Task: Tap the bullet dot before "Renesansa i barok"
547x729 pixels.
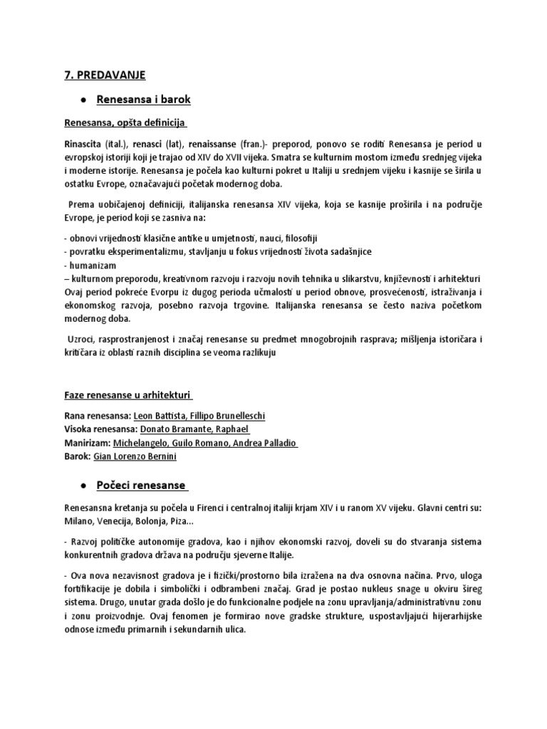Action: [x=83, y=99]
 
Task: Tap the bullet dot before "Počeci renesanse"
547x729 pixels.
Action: [x=83, y=485]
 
